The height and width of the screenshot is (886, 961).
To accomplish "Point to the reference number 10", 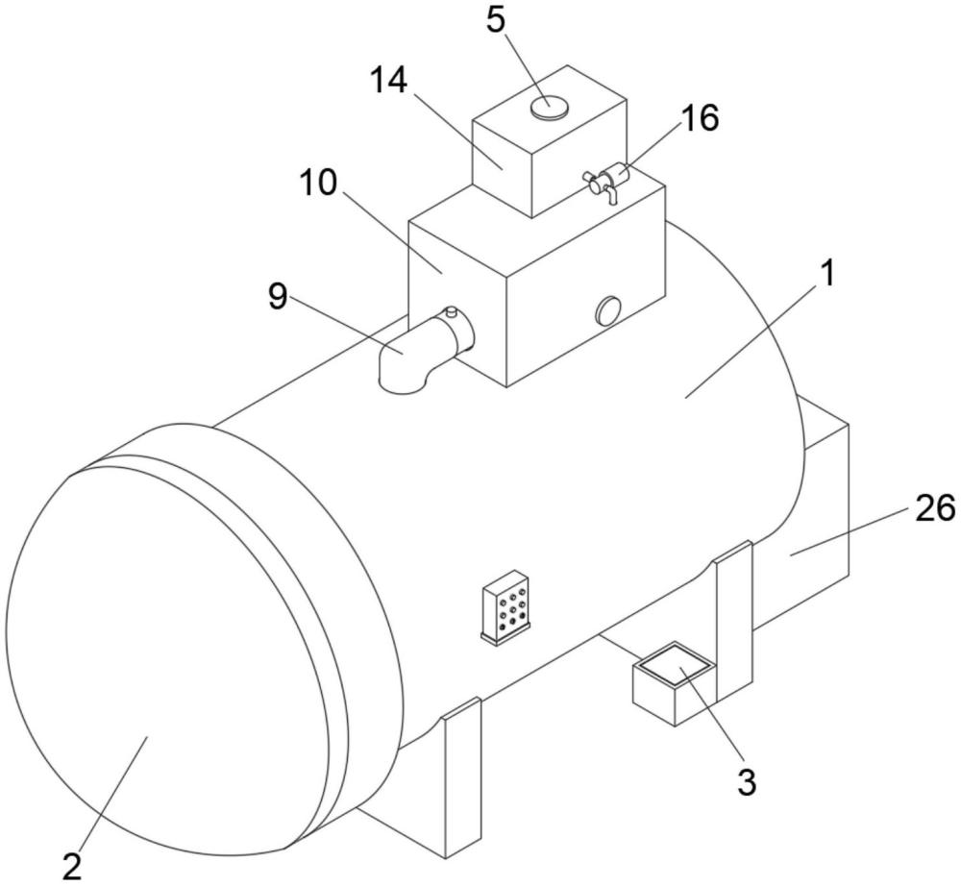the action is pyautogui.click(x=318, y=182).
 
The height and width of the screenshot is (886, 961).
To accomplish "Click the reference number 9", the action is pyautogui.click(x=277, y=297).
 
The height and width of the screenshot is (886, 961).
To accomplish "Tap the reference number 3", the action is pyautogui.click(x=747, y=781).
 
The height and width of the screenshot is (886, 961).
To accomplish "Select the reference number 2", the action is pyautogui.click(x=72, y=867).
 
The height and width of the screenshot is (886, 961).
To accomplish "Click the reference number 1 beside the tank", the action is pyautogui.click(x=827, y=274).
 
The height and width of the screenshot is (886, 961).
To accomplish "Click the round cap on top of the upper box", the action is pyautogui.click(x=549, y=108).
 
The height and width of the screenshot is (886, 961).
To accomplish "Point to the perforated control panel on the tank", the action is pyautogui.click(x=506, y=606).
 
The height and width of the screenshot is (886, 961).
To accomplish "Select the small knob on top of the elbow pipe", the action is pyautogui.click(x=452, y=311).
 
